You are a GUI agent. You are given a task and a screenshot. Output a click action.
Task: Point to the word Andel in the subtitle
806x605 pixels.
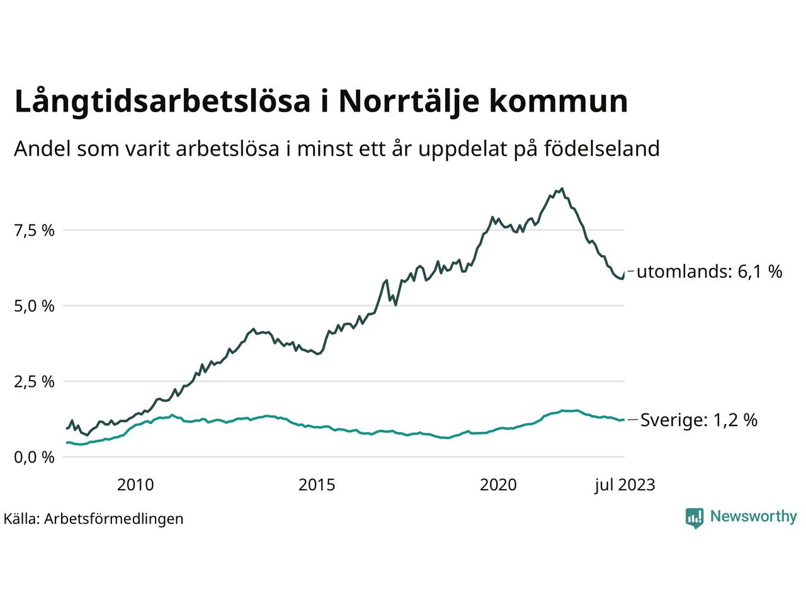(x=42, y=149)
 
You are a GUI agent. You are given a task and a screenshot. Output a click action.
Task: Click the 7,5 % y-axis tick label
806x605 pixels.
(x=35, y=231)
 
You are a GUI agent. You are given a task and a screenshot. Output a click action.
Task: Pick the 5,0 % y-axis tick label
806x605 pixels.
(x=35, y=306)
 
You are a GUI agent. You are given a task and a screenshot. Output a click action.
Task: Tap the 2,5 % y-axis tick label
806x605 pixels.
(x=35, y=382)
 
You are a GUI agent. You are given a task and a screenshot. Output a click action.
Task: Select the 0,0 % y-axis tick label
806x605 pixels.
(x=35, y=457)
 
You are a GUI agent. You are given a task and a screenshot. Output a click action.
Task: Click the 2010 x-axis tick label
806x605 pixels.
(x=135, y=485)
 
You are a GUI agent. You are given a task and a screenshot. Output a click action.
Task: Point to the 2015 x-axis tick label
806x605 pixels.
(x=317, y=485)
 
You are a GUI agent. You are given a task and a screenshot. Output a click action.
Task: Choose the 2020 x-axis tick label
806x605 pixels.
(x=498, y=485)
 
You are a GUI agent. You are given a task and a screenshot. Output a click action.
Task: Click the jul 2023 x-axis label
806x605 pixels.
(x=625, y=485)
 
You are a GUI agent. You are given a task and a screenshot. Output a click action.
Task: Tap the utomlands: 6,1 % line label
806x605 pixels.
(x=710, y=272)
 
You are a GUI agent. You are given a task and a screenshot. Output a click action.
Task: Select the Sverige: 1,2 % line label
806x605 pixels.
(x=699, y=420)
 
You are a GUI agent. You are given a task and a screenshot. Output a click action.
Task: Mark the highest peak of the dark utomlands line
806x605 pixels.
(x=562, y=188)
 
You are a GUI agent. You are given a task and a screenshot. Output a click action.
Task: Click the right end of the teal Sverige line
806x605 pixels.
(x=623, y=420)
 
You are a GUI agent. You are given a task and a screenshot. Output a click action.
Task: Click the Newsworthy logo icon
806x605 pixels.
(x=694, y=517)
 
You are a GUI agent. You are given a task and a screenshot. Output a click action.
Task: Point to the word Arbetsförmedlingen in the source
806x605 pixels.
(x=114, y=519)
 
